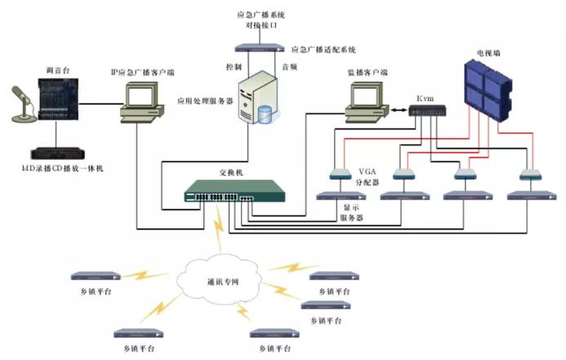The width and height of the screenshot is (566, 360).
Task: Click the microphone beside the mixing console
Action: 21,104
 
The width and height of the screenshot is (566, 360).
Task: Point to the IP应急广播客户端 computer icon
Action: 140,104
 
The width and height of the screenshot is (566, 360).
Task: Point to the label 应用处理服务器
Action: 205,102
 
